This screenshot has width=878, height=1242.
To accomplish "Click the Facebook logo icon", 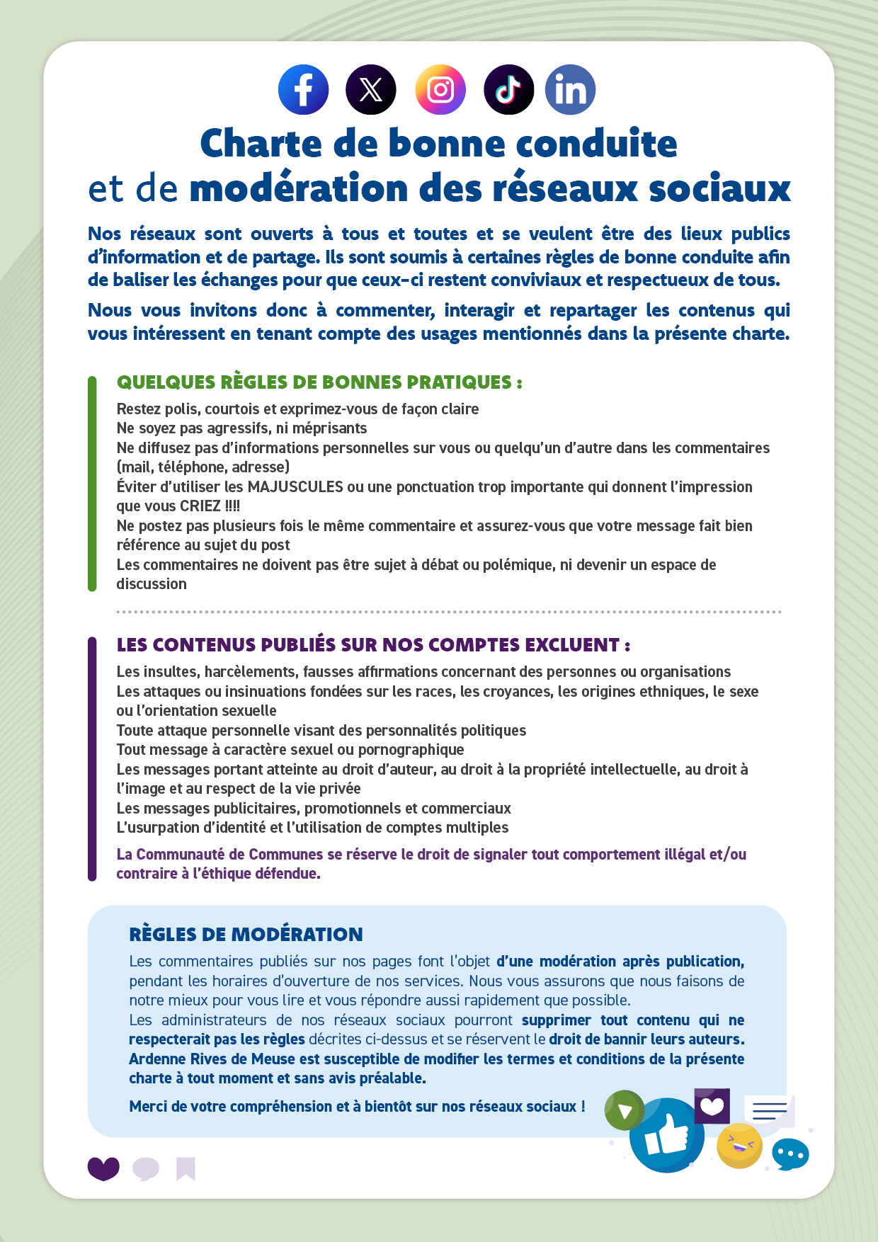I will tap(303, 90).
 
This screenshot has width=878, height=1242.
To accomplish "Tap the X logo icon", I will tap(371, 90).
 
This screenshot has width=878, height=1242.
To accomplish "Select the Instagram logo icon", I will tap(440, 90).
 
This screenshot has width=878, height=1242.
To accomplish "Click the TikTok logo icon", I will tap(508, 90).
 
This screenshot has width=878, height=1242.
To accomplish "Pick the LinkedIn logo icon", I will tap(570, 90).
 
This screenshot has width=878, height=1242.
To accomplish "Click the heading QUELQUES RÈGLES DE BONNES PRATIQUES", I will tap(319, 382).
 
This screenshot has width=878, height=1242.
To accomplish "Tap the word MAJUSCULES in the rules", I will tap(295, 487).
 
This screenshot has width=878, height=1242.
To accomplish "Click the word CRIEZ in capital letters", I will tap(200, 506).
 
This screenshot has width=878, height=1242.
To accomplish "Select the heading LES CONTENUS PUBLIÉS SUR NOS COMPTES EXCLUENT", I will tap(373, 645).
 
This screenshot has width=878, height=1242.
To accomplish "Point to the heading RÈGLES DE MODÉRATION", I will tap(246, 935).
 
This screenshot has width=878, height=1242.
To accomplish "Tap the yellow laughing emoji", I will tap(739, 1145).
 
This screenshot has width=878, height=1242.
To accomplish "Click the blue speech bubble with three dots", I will tap(790, 1155).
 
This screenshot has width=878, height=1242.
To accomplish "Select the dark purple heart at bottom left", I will tap(103, 1168).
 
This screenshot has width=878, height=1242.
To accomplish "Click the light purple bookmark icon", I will tap(186, 1168).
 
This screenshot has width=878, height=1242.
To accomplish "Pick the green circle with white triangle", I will tap(625, 1110).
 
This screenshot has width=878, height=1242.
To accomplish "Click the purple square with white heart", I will tap(712, 1105).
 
